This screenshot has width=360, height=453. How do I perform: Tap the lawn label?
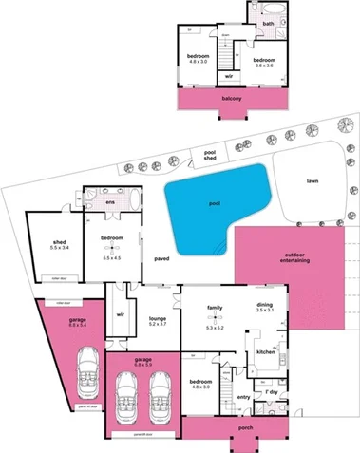point(311,180)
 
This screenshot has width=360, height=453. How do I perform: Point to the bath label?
point(269,24)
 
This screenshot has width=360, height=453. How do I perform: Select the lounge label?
point(157,320)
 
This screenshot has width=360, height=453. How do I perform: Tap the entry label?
point(242,398)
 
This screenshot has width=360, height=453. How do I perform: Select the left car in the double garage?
point(124,400)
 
